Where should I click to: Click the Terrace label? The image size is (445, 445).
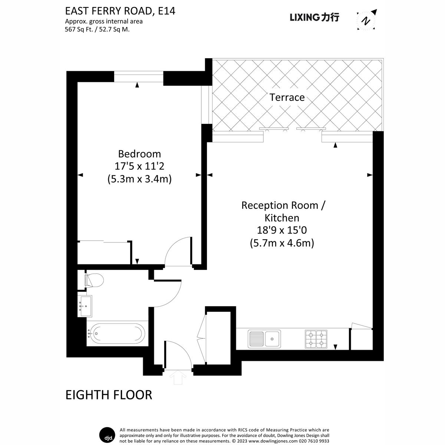click(x=287, y=97)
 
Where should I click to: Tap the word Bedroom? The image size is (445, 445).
click(x=139, y=154)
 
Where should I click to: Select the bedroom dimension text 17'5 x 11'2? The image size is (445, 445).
click(x=139, y=166)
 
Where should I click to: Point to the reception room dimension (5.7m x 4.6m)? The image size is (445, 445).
click(x=282, y=243)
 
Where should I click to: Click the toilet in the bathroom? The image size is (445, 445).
click(x=94, y=280)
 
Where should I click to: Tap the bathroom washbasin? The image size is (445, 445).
click(x=86, y=306)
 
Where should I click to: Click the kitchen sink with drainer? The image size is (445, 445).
click(x=264, y=338)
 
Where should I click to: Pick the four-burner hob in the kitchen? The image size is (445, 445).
click(x=316, y=339)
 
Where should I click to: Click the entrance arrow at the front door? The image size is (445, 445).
click(x=178, y=378)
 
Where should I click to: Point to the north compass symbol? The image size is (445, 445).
click(x=366, y=20)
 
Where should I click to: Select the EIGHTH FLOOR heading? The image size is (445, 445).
click(x=109, y=395)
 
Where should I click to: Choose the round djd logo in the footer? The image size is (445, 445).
click(x=108, y=434)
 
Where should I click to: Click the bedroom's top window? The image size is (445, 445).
click(x=138, y=78)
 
